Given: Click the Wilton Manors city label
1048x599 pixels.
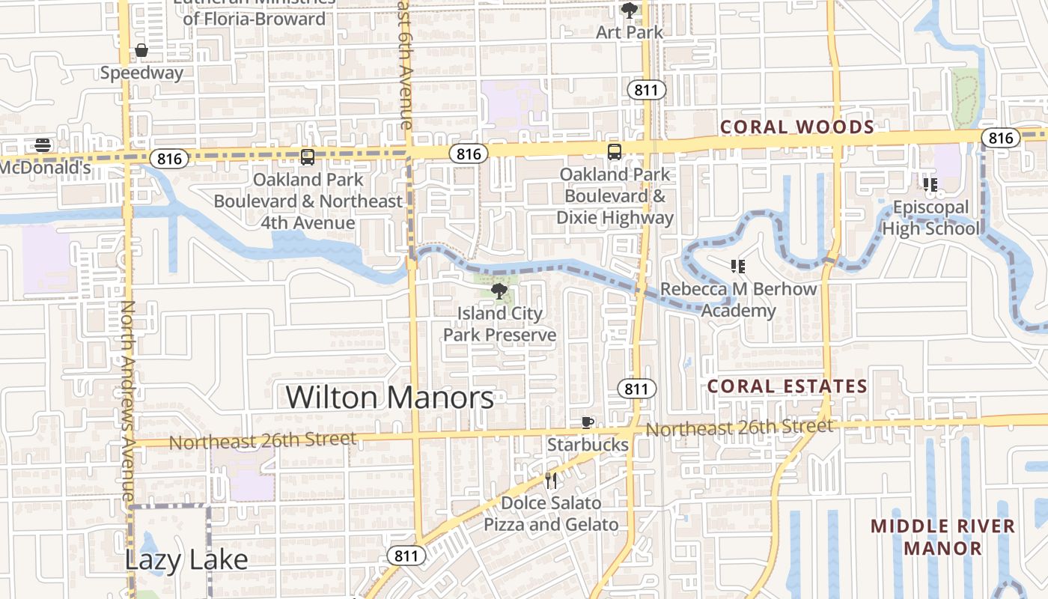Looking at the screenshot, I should [390, 397].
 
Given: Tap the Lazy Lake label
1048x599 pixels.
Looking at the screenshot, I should [186, 559].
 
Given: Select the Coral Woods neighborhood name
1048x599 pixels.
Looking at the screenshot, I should [796, 127].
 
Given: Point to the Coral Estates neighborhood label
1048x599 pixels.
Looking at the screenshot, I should [787, 386].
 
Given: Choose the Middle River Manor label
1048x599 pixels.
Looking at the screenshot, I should [942, 537].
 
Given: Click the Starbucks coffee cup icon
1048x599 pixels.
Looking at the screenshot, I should [588, 423].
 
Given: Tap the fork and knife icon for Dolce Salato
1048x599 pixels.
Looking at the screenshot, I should [552, 481].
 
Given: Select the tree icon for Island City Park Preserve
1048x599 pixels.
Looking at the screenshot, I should [499, 291].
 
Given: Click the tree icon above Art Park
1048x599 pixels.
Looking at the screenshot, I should [630, 10].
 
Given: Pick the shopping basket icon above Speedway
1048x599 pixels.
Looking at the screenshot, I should [141, 51].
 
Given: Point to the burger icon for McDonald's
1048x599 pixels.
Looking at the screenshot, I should [43, 145].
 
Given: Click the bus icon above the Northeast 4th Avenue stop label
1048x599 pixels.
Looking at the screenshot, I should [307, 157].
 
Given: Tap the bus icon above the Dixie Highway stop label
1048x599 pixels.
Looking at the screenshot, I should [615, 152].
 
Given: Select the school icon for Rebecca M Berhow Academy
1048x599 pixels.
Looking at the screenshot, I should [738, 267].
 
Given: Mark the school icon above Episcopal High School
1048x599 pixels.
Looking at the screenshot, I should [930, 185].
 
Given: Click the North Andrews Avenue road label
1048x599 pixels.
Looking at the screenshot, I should [128, 401].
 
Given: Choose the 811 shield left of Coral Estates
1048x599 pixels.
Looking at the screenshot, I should [636, 389].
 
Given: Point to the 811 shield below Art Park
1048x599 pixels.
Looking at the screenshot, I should [645, 91].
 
